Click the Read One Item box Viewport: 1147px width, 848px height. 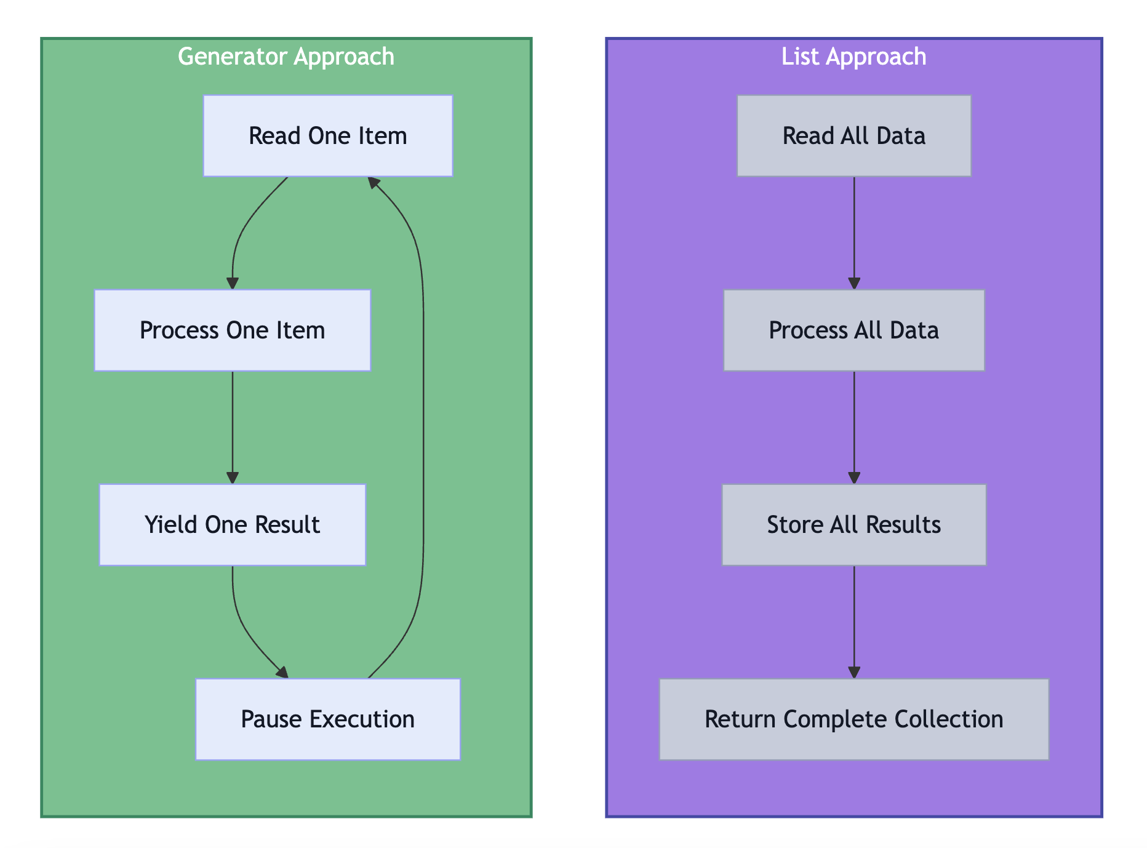(x=327, y=135)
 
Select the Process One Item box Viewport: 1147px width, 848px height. (x=232, y=330)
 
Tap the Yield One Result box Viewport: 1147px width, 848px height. (x=232, y=524)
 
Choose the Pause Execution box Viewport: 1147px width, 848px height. (x=327, y=719)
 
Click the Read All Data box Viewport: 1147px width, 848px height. (x=853, y=135)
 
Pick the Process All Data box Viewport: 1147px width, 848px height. (x=853, y=330)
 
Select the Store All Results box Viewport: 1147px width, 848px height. (x=853, y=524)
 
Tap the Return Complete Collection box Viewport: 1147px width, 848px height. (x=853, y=719)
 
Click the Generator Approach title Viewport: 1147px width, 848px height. (x=286, y=57)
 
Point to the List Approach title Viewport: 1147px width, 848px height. (x=853, y=57)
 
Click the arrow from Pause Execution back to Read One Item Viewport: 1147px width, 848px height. (x=423, y=431)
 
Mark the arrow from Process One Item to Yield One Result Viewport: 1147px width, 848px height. (x=232, y=427)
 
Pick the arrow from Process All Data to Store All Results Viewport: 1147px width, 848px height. (x=853, y=427)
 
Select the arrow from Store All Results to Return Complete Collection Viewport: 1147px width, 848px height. (x=853, y=622)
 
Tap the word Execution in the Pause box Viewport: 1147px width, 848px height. (x=362, y=719)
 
